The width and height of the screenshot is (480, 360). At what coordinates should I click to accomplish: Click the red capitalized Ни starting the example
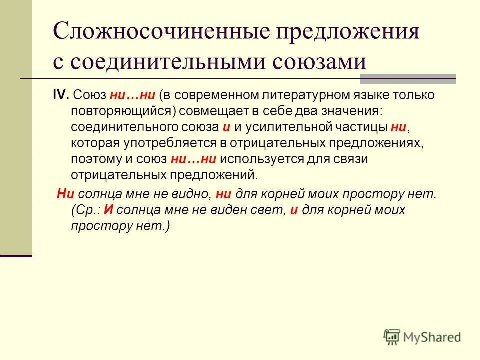point(65,194)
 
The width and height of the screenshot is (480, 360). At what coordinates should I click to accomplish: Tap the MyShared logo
point(422,337)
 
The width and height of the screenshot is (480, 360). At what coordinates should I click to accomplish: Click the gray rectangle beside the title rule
point(407,79)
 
